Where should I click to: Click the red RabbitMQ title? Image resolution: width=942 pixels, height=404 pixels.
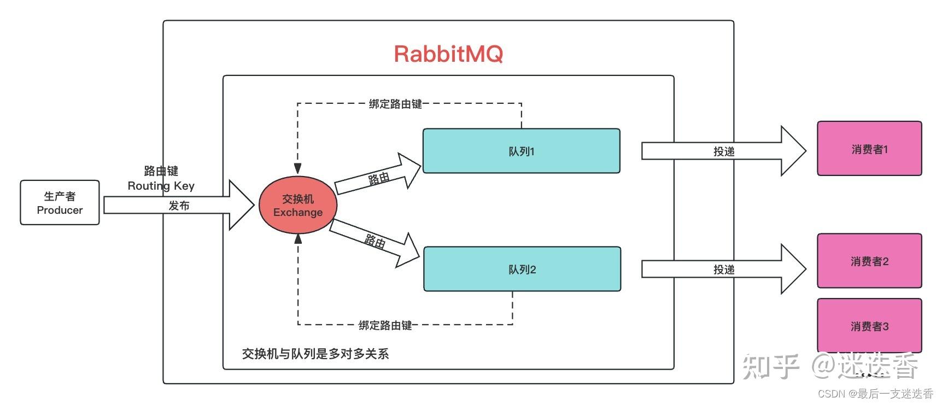click(448, 54)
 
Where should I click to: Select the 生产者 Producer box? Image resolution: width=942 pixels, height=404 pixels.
click(60, 203)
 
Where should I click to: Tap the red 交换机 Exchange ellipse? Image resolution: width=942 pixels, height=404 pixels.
click(297, 205)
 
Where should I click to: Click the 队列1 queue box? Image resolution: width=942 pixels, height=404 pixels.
click(521, 151)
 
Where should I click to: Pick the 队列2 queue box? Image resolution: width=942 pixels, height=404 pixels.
click(522, 269)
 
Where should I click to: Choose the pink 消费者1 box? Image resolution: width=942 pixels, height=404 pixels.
click(869, 149)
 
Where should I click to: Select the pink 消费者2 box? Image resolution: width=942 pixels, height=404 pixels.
click(869, 261)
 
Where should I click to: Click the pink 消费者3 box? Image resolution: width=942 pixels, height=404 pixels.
click(869, 326)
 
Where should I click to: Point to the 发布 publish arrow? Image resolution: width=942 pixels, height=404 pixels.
click(179, 205)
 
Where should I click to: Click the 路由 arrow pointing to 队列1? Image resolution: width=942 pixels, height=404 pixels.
click(378, 177)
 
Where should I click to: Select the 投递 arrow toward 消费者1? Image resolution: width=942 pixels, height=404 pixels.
click(723, 151)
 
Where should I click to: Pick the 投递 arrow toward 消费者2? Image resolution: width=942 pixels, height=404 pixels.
click(723, 269)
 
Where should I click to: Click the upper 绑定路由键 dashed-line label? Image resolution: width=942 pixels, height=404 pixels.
click(395, 103)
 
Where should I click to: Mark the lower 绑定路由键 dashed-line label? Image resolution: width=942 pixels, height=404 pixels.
click(385, 325)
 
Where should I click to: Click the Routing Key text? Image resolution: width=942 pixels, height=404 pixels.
click(161, 185)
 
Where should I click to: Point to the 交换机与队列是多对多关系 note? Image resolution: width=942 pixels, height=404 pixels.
click(315, 354)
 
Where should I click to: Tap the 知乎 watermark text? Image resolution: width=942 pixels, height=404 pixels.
click(770, 366)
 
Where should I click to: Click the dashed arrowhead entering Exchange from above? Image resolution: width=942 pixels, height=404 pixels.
click(297, 167)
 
